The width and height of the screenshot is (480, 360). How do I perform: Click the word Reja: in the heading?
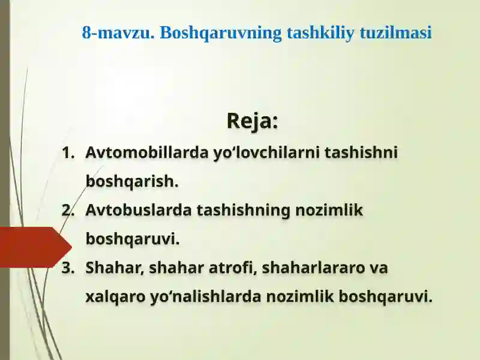[252, 121]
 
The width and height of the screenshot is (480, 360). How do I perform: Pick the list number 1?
[68, 153]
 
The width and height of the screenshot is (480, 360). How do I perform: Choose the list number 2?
[68, 211]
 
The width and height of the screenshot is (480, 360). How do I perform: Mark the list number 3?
[68, 268]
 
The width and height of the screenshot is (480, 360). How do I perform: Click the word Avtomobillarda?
[146, 152]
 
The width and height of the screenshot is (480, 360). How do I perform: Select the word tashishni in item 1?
[361, 152]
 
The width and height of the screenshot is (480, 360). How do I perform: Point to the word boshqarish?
[132, 181]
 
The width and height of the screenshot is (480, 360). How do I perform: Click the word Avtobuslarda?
[139, 210]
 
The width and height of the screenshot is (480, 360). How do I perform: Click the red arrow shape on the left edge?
[33, 247]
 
